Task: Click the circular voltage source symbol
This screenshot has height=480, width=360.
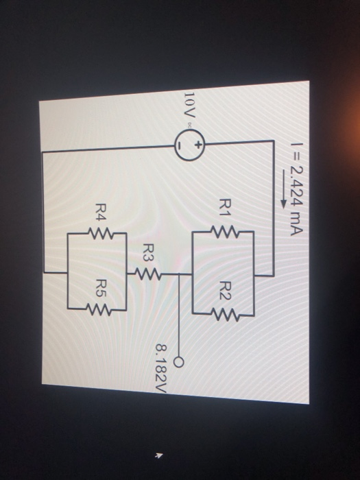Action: click(189, 145)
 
